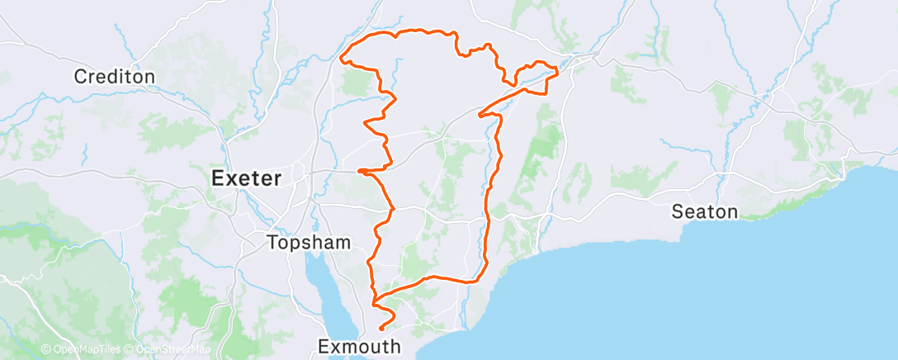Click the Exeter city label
[x=248, y=178]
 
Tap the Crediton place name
[x=114, y=77]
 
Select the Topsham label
[x=309, y=243]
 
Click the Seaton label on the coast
[x=704, y=211]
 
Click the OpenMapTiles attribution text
[x=82, y=350]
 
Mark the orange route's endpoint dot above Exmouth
[x=380, y=329]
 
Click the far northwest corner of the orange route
[x=342, y=57]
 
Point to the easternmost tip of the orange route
[x=558, y=73]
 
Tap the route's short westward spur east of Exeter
[x=361, y=171]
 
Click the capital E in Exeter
[x=218, y=178]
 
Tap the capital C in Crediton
[x=80, y=77]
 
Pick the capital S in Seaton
[x=678, y=211]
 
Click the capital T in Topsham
[x=272, y=243]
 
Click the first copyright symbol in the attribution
[x=45, y=350]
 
